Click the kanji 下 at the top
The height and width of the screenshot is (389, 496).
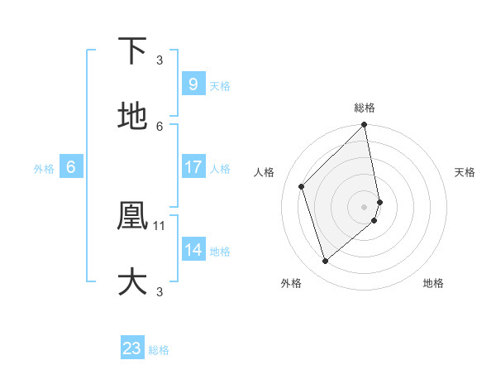click(132, 51)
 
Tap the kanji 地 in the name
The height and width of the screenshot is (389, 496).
click(132, 118)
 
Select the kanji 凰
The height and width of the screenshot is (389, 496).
click(132, 217)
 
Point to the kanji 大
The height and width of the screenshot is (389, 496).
click(132, 281)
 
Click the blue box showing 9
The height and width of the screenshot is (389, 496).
click(193, 84)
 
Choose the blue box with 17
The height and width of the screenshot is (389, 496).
click(193, 167)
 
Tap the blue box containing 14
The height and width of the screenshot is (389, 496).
click(193, 250)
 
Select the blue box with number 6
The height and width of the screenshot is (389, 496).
click(71, 167)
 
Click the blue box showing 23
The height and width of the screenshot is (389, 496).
click(132, 348)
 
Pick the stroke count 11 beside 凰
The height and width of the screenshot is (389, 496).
click(160, 225)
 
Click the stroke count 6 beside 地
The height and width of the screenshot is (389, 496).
click(160, 126)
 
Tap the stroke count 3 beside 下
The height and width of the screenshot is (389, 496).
click(160, 60)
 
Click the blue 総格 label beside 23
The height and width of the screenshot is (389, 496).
click(159, 350)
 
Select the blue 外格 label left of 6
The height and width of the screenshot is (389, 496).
click(44, 169)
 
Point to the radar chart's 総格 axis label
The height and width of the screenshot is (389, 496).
click(365, 108)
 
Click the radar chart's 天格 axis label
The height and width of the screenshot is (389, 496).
click(465, 172)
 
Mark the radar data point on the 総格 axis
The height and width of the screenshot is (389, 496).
click(365, 125)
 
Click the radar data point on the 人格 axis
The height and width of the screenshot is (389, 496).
click(302, 186)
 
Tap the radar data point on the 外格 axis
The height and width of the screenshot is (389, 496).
click(325, 262)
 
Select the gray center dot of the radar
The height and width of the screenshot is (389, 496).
click(365, 206)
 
